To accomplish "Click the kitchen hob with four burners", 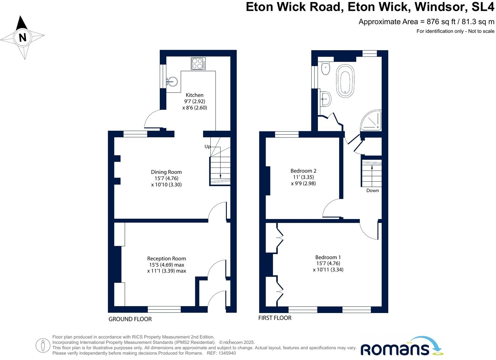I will pyautogui.click(x=198, y=64).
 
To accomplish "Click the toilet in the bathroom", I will pyautogui.click(x=325, y=68).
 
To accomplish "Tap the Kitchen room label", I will pyautogui.click(x=195, y=95).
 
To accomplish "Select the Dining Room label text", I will pyautogui.click(x=166, y=172).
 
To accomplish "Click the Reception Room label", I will pyautogui.click(x=166, y=259).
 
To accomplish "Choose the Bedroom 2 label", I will pyautogui.click(x=303, y=171).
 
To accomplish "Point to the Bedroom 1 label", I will pyautogui.click(x=328, y=257).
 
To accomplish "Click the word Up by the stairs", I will pyautogui.click(x=207, y=146).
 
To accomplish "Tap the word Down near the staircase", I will pyautogui.click(x=372, y=191).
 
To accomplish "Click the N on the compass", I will pyautogui.click(x=22, y=37).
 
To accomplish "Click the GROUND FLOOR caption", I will pyautogui.click(x=130, y=319).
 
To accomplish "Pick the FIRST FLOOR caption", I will pyautogui.click(x=275, y=318).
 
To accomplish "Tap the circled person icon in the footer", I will pyautogui.click(x=43, y=345).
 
